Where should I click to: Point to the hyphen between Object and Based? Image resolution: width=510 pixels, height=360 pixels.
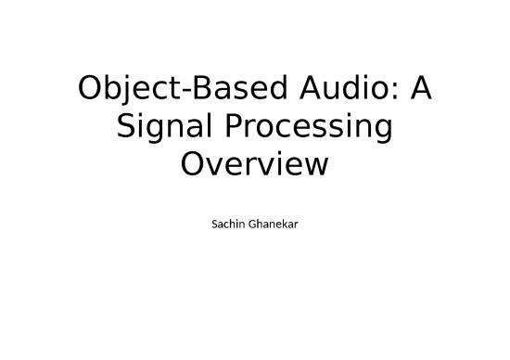(x=175, y=94)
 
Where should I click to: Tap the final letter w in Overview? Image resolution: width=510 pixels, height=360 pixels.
(x=316, y=167)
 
